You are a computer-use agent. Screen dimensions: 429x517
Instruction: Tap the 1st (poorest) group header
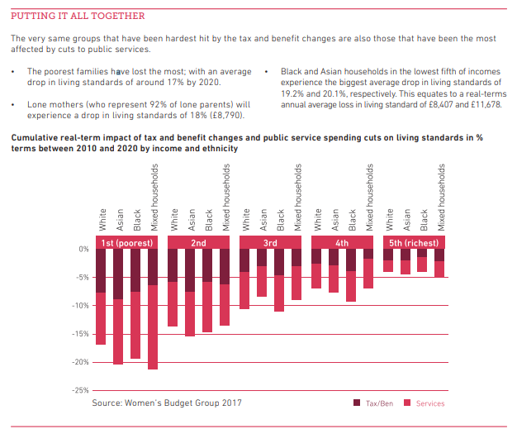point(126,243)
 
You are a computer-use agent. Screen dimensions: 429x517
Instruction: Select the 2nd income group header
point(198,243)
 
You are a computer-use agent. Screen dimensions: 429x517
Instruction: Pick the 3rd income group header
point(270,243)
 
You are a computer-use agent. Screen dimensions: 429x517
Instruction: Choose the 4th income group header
point(342,243)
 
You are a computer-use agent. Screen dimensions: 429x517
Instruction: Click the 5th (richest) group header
point(415,243)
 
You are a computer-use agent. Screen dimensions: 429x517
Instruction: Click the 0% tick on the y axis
point(83,249)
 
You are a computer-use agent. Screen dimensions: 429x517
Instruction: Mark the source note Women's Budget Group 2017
point(168,403)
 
